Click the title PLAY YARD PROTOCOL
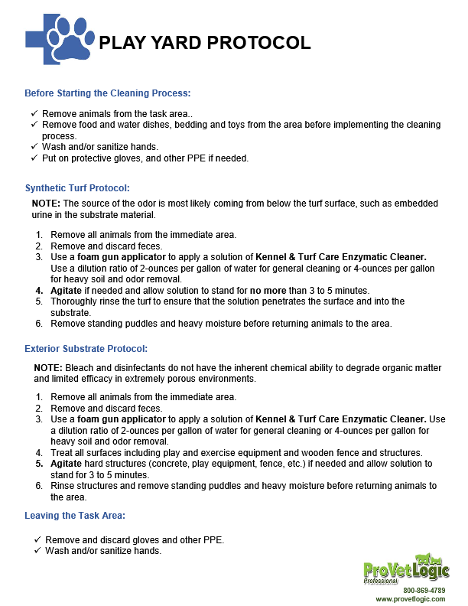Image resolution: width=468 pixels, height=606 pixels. click(x=205, y=42)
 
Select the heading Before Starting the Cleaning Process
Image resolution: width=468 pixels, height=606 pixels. click(x=107, y=93)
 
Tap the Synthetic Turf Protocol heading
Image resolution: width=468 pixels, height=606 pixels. click(x=77, y=187)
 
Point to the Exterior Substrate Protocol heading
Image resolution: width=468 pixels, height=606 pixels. click(x=86, y=349)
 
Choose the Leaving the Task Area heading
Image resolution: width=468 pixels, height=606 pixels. click(x=75, y=516)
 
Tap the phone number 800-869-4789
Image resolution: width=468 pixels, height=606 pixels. click(x=424, y=591)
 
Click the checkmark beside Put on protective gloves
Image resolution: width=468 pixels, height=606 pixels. click(x=34, y=158)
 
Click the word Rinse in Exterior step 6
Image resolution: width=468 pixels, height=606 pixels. click(x=63, y=486)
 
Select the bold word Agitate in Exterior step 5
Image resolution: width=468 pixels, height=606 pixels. click(x=68, y=464)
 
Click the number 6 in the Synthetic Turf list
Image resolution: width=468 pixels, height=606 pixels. click(x=39, y=324)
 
